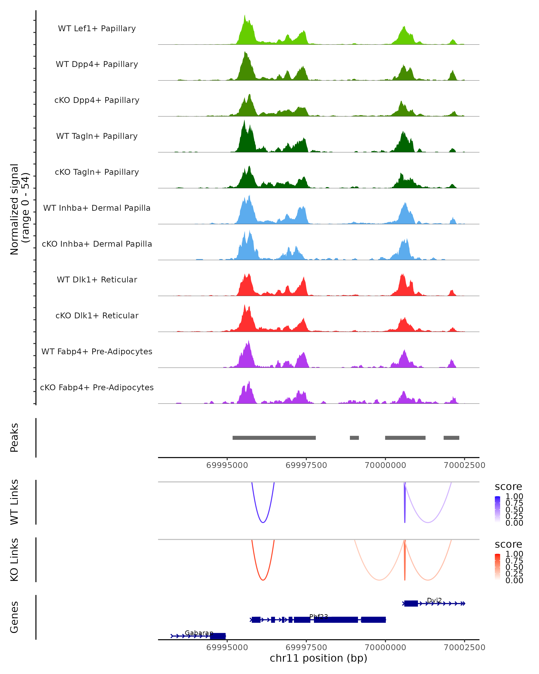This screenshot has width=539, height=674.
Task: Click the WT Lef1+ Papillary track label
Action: tap(97, 29)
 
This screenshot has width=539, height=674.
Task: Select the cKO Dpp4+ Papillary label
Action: tap(97, 100)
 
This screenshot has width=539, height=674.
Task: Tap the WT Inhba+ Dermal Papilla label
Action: tap(97, 208)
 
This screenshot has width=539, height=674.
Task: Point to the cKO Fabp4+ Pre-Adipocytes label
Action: tap(97, 388)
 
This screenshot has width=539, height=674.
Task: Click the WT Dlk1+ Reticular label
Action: tap(97, 280)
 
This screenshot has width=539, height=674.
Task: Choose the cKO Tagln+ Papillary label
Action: tap(97, 172)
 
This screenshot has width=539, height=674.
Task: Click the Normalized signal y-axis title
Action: tap(19, 209)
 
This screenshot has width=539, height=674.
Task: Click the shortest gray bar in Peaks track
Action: tap(354, 438)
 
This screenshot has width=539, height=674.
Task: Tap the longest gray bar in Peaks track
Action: tap(274, 438)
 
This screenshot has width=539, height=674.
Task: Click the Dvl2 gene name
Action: tap(434, 600)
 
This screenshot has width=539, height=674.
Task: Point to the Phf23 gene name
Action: tap(318, 616)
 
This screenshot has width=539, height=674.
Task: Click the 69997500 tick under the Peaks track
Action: tap(306, 465)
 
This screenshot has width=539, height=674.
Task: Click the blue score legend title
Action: tap(508, 487)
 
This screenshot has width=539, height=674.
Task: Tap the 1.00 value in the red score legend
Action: tap(514, 554)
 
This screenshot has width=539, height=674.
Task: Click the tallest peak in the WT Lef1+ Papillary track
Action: tap(245, 16)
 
